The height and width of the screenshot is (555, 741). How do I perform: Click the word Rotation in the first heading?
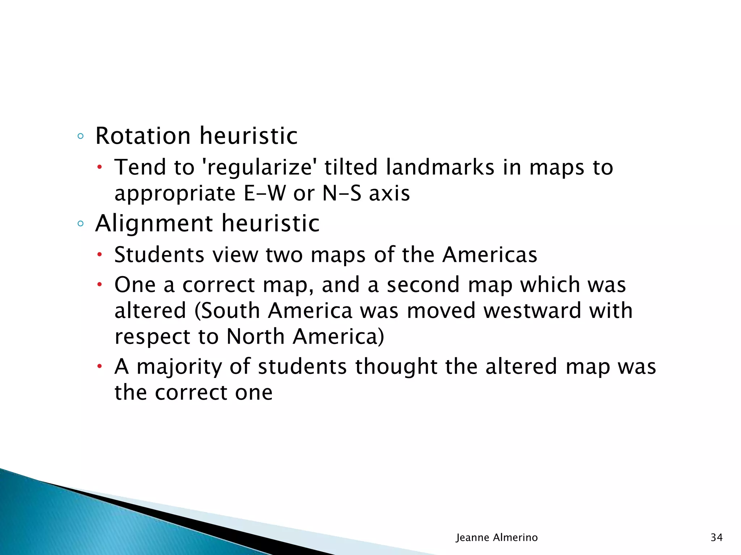coord(143,136)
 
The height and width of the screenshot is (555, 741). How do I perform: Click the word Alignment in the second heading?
coord(153,223)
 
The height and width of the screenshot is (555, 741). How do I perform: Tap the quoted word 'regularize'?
coord(259,167)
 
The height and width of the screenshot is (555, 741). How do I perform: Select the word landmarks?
coord(440,167)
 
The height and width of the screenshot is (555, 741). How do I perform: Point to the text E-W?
coord(264,193)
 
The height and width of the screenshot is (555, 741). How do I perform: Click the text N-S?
coord(342,193)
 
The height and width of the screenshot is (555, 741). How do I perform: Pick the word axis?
coord(389,193)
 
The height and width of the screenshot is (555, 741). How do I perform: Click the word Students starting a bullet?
coord(159,255)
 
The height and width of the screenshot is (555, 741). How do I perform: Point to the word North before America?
coord(255,337)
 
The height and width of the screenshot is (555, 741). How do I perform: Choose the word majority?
coord(179,367)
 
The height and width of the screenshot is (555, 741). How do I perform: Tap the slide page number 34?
coord(716,538)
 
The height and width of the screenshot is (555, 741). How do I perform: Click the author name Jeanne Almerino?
coord(496,538)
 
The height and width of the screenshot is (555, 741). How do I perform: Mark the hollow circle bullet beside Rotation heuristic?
coord(80,137)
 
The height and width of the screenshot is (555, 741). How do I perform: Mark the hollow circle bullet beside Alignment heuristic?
coord(80,224)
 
